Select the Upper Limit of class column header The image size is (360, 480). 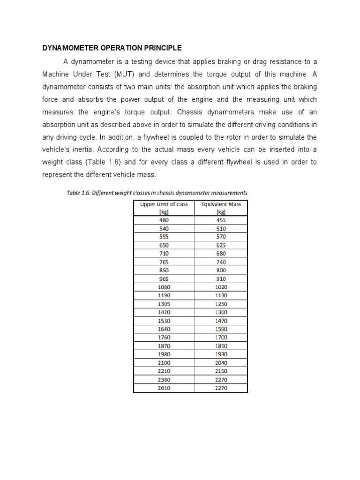click(164, 208)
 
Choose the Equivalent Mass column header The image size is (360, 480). click(221, 208)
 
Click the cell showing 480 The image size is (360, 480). click(164, 220)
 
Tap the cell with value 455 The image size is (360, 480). click(221, 220)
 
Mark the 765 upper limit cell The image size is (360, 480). click(164, 262)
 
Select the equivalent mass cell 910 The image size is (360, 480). click(221, 279)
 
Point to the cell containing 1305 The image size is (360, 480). click(164, 304)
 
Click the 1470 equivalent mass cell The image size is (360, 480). click(221, 321)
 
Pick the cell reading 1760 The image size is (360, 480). click(164, 337)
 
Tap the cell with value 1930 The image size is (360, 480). click(221, 354)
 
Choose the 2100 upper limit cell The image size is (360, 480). click(164, 363)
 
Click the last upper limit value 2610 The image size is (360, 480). click(164, 388)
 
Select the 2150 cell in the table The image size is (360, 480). click(221, 371)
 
